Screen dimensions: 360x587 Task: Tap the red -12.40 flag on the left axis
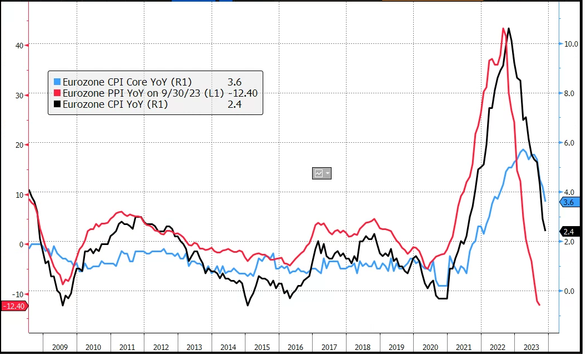pos(14,306)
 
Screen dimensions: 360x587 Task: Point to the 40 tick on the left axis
pos(18,45)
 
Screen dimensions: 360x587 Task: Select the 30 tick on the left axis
pos(18,95)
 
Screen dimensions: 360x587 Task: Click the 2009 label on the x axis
pos(60,347)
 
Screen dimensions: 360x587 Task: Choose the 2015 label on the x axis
pos(262,347)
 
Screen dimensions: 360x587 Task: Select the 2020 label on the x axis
pos(430,347)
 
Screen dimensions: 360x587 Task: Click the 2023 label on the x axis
pos(531,347)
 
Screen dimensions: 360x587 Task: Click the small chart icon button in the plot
pos(322,173)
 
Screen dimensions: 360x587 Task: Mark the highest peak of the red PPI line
pos(503,28)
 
